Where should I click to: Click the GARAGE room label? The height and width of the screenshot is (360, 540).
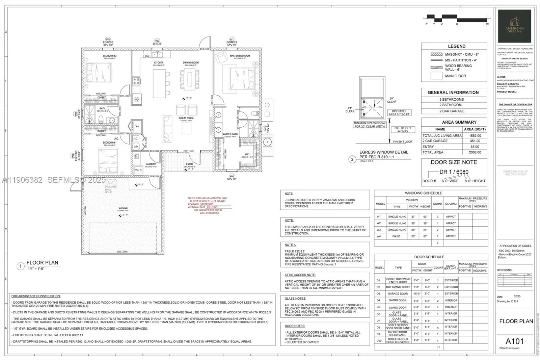click(123, 208)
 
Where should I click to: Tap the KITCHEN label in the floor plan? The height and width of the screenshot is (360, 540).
click(159, 63)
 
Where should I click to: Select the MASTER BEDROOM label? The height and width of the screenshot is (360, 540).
click(240, 56)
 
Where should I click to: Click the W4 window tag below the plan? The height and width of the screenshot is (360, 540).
click(232, 176)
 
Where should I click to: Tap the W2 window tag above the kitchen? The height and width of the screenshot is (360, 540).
click(157, 41)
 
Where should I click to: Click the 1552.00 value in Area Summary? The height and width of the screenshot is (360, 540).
click(475, 135)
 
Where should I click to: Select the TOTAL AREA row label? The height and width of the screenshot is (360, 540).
click(433, 152)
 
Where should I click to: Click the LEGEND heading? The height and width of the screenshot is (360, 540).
click(456, 46)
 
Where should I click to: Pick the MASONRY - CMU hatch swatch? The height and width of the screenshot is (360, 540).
click(436, 54)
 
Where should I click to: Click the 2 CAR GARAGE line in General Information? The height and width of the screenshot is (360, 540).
click(452, 111)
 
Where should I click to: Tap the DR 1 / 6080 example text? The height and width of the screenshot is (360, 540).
click(454, 172)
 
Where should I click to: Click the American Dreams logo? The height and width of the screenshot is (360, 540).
click(514, 26)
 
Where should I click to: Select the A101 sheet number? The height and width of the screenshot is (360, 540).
click(514, 341)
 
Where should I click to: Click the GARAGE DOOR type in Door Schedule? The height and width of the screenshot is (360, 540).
click(398, 294)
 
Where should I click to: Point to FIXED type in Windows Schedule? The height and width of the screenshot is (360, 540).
click(396, 236)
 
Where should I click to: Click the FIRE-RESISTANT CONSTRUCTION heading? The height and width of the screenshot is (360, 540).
click(36, 296)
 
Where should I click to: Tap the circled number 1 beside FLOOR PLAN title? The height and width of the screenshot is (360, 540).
click(20, 266)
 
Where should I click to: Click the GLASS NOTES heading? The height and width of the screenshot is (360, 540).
click(295, 299)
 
